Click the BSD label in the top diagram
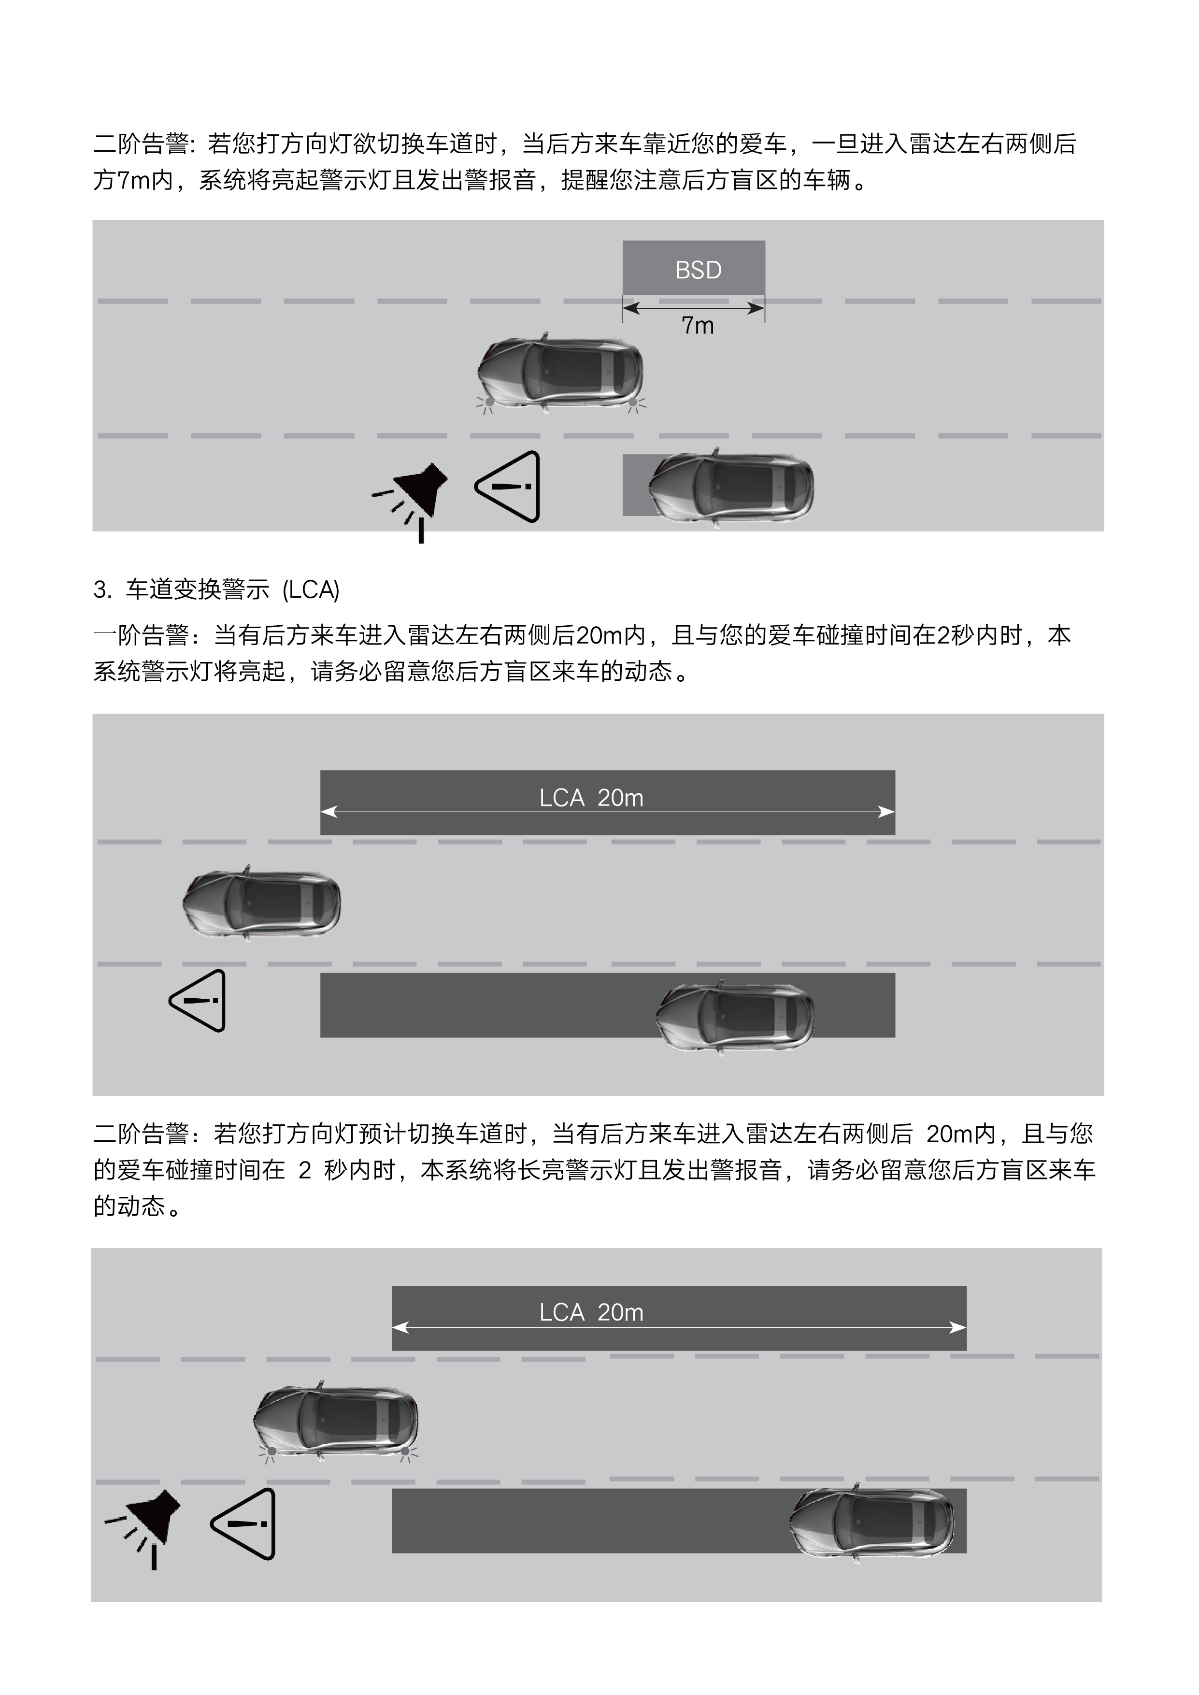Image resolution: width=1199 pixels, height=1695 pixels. (x=698, y=270)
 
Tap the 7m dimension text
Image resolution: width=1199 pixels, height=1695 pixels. (x=697, y=326)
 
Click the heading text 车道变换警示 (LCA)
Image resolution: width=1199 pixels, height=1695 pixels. (x=232, y=590)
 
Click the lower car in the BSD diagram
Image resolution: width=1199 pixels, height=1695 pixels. (x=731, y=487)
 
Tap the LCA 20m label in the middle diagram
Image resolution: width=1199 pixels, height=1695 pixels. (x=591, y=798)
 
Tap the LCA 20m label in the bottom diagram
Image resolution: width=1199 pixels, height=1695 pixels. (x=591, y=1313)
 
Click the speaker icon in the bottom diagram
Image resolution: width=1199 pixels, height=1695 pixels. (x=148, y=1522)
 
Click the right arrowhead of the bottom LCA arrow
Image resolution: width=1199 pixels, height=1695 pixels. (x=959, y=1327)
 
